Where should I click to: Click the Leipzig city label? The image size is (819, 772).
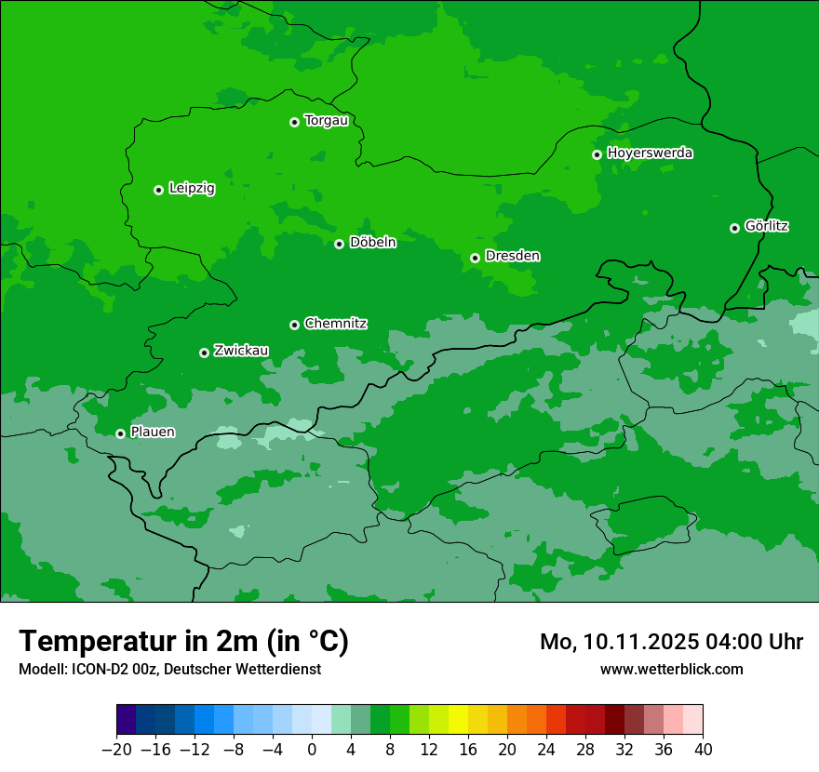[x=192, y=189]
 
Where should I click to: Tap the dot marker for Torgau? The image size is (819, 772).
[x=294, y=122]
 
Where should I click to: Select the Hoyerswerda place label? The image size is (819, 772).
[x=650, y=153]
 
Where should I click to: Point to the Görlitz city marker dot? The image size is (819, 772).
[x=734, y=228]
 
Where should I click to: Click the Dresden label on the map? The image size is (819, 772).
[x=512, y=256]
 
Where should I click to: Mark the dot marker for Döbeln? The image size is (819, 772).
[x=339, y=244]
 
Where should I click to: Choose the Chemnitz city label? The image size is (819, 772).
[x=335, y=324]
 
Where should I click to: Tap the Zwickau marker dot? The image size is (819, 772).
[x=204, y=353]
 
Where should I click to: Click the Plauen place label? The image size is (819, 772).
[x=153, y=432]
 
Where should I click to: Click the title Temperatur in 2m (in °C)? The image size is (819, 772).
[x=183, y=641]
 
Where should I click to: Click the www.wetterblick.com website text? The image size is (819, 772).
[x=671, y=669]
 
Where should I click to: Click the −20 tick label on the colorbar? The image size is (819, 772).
[x=116, y=750]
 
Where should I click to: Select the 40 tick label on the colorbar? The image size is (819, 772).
[x=703, y=750]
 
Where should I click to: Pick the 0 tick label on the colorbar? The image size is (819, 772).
[x=312, y=750]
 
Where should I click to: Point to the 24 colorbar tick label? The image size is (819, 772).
[x=546, y=750]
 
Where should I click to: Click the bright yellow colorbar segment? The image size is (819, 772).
[x=458, y=720]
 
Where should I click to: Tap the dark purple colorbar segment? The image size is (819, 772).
[x=127, y=720]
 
